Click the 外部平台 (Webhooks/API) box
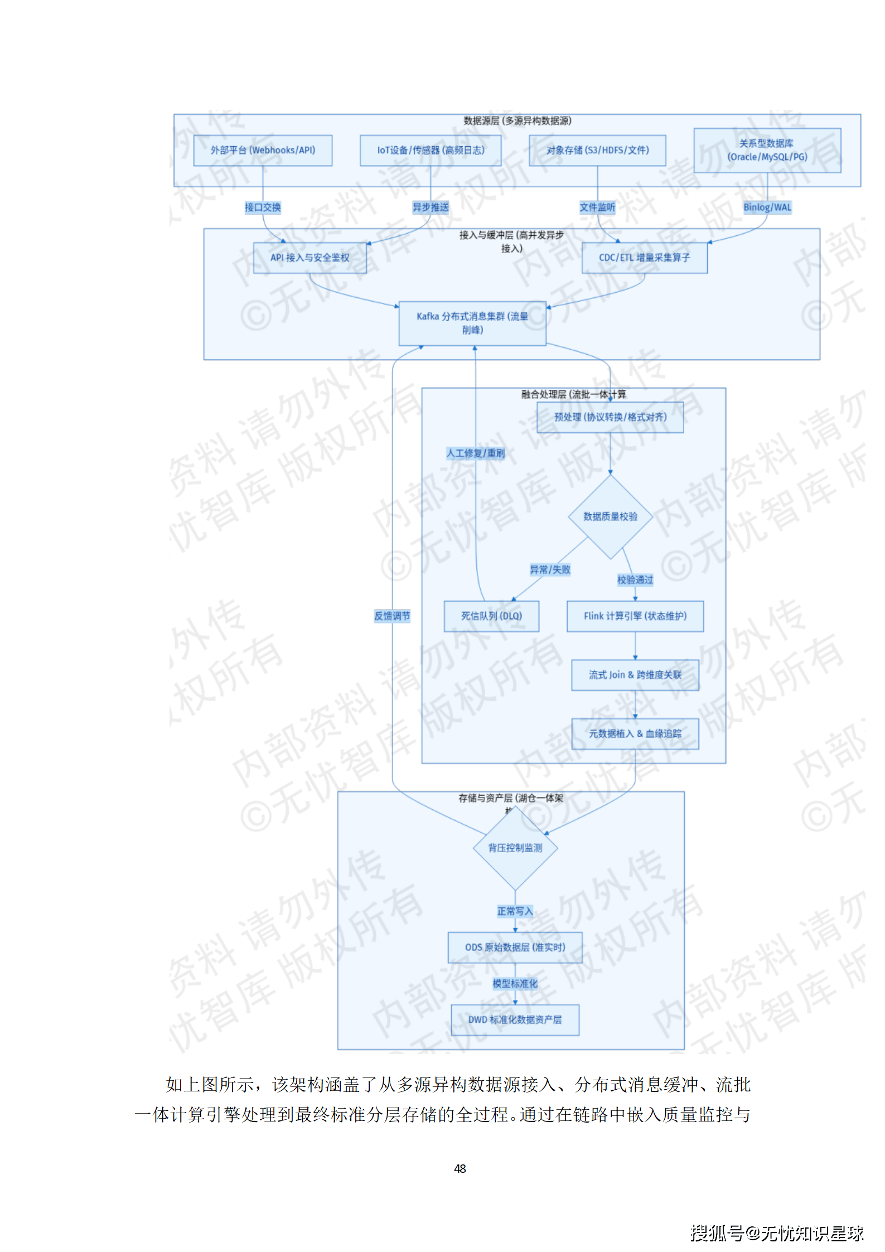pos(263,150)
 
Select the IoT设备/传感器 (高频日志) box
pos(431,150)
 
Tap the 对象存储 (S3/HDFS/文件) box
pos(597,150)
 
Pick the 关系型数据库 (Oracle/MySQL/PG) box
pos(767,150)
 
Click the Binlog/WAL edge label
pos(767,207)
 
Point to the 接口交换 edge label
pos(263,207)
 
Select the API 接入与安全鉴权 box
pos(309,258)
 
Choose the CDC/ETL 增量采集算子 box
pos(644,258)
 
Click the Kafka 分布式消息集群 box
pos(472,323)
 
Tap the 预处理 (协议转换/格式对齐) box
pos(610,417)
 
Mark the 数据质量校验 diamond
pos(610,516)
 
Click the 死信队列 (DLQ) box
pos(491,616)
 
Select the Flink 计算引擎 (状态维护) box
pos(635,616)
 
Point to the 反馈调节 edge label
pos(392,616)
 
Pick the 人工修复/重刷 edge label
pos(475,453)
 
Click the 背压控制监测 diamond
pos(515,848)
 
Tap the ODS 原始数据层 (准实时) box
pos(515,947)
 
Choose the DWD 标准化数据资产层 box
pos(515,1019)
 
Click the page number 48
pos(460,1168)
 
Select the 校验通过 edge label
pos(635,579)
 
